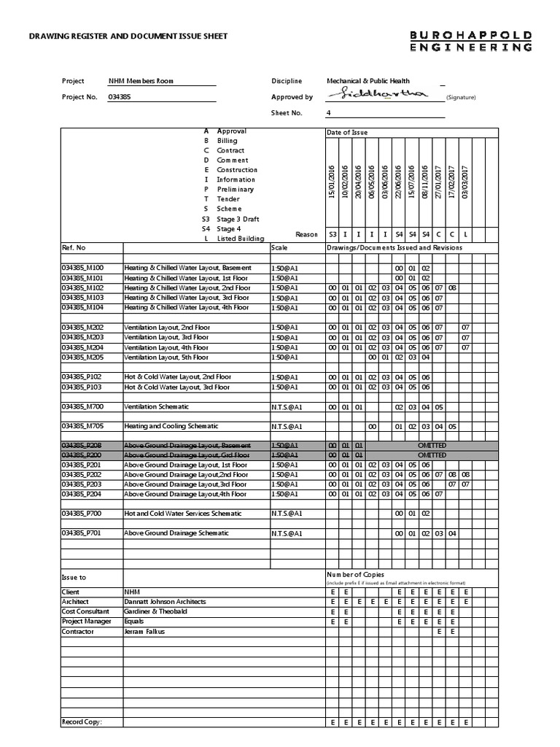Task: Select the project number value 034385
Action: click(x=120, y=97)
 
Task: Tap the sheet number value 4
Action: click(x=329, y=113)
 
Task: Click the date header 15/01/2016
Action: click(x=332, y=180)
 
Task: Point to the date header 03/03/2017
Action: click(x=465, y=180)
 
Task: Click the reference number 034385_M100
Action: click(x=82, y=268)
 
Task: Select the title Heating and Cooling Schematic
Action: click(x=171, y=426)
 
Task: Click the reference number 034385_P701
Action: click(x=82, y=533)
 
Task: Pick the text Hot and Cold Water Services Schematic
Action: click(x=183, y=514)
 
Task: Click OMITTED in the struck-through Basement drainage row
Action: click(x=431, y=445)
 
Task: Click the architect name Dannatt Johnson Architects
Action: click(x=166, y=602)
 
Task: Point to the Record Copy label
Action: click(x=81, y=721)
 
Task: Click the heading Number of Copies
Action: click(x=355, y=575)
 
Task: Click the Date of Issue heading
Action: click(x=347, y=132)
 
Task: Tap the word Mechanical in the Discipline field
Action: click(x=346, y=81)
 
